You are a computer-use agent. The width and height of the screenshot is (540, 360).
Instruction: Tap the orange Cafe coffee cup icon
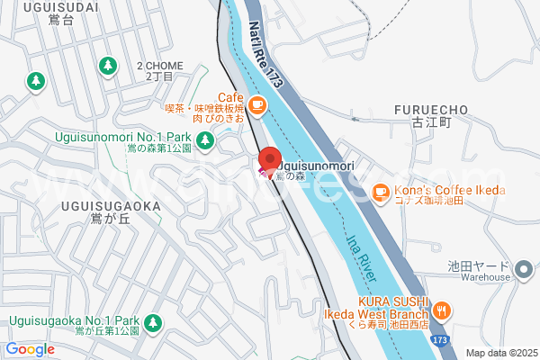coord(256,105)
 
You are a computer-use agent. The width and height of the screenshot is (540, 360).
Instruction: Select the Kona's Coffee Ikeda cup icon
coord(380,191)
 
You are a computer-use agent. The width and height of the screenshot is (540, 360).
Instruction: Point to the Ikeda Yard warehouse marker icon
coord(525,267)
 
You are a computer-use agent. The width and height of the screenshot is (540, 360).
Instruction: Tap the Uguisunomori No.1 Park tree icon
coord(205,139)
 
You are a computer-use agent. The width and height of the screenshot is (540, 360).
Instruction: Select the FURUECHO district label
coord(431,110)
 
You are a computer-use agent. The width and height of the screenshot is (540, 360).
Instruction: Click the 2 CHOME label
coord(159,66)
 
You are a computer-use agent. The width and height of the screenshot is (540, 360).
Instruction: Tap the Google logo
coord(30,349)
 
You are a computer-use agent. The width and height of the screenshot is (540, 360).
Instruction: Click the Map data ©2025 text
coord(501,353)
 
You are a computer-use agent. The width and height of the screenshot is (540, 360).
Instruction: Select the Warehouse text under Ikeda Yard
coord(479,278)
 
